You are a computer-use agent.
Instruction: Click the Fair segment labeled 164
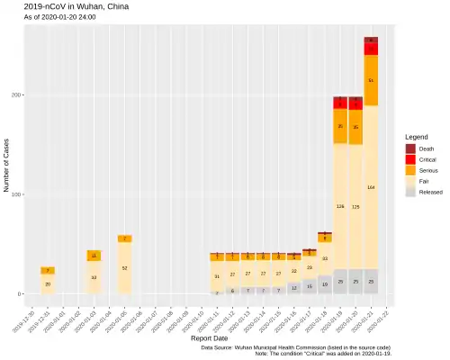pyautogui.click(x=371, y=187)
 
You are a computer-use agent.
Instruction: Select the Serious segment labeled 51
pyautogui.click(x=371, y=80)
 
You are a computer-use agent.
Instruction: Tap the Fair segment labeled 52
pyautogui.click(x=124, y=268)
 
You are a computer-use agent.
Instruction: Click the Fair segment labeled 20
pyautogui.click(x=47, y=283)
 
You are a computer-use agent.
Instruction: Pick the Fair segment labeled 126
pyautogui.click(x=340, y=206)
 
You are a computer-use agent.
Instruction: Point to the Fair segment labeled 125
pyautogui.click(x=355, y=206)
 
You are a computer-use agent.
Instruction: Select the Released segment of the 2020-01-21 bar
pyautogui.click(x=371, y=282)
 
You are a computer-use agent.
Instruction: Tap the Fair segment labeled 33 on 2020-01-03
pyautogui.click(x=94, y=277)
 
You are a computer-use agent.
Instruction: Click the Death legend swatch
pyautogui.click(x=411, y=148)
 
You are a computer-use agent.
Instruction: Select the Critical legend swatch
pyautogui.click(x=411, y=159)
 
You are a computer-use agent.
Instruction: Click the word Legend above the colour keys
pyautogui.click(x=417, y=137)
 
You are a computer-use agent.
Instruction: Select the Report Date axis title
pyautogui.click(x=209, y=339)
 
